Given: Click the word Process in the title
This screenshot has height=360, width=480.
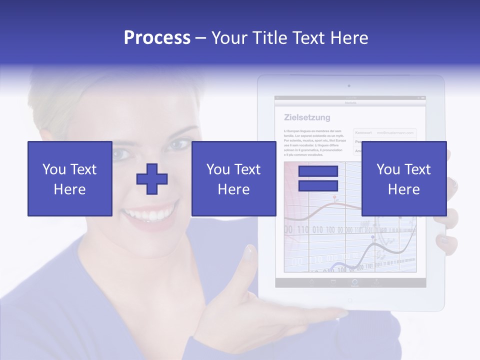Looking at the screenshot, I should pos(157,38).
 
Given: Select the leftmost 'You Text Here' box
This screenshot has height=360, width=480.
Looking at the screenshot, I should pos(69,178).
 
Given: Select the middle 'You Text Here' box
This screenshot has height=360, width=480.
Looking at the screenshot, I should pos(233,178).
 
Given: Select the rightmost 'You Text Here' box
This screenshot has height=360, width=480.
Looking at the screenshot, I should pos(403,178).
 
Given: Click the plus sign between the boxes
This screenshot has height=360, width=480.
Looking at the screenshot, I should pos(152,179).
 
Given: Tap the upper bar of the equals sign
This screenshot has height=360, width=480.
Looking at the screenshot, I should pos(318,171).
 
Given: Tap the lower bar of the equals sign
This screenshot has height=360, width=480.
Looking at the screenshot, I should pos(318,186).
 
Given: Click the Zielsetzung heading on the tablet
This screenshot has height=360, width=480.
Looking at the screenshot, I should pos(307,118).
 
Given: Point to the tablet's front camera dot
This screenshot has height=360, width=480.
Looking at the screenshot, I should pos(349,86).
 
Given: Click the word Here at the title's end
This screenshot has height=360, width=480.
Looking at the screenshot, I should pos(350,38).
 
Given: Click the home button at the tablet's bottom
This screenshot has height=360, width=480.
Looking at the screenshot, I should pos(349,300).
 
